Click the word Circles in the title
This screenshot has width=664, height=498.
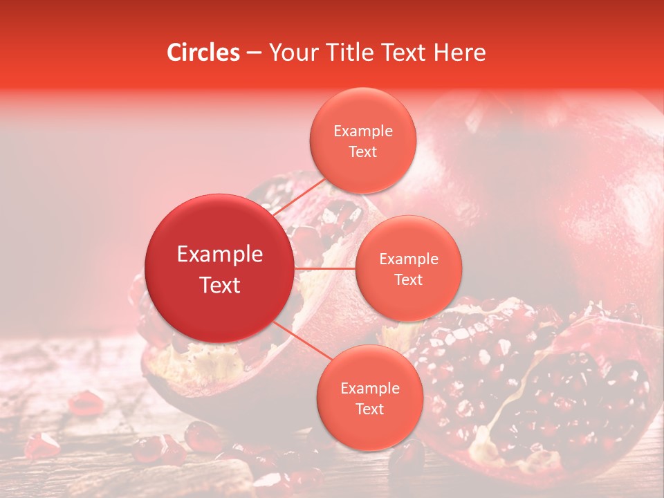(203, 53)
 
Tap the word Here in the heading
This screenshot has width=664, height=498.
(459, 53)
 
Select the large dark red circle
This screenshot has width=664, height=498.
(219, 268)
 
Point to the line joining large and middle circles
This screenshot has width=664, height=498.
(324, 268)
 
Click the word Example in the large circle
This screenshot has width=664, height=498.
(220, 255)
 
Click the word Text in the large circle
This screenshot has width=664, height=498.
(220, 285)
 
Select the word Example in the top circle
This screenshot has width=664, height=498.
(363, 131)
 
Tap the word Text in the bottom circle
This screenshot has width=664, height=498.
(369, 409)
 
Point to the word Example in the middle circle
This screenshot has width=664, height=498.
(409, 259)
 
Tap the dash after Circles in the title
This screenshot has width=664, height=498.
(254, 53)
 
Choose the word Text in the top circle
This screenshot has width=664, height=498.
(363, 152)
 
